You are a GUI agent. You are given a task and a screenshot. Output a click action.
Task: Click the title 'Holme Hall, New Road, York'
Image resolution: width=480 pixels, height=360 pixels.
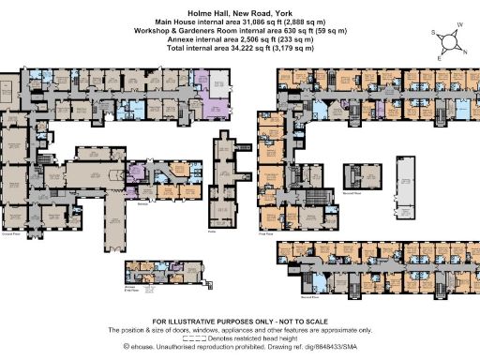tap(240, 7)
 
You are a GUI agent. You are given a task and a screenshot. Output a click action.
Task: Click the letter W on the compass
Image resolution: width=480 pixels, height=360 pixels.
tap(460, 25)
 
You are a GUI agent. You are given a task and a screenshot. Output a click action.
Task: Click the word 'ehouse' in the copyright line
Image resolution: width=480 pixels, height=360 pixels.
tap(148, 346)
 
